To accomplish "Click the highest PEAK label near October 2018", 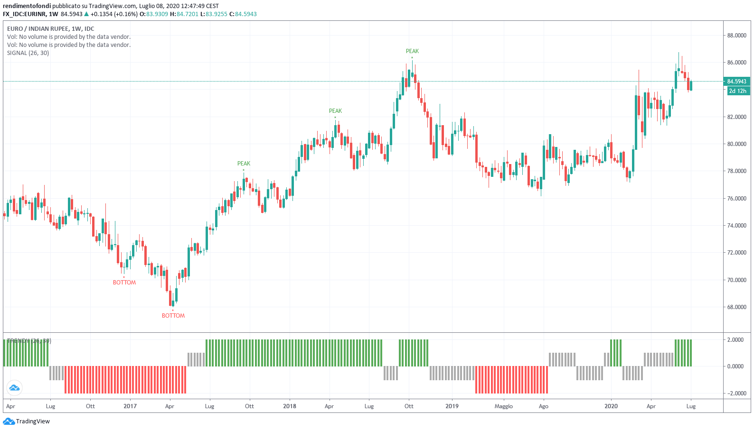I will click(412, 51).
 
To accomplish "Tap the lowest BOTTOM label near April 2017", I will click(173, 316).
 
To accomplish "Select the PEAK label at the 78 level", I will click(244, 164).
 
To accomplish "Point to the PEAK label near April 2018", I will click(335, 111).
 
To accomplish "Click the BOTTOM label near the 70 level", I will click(124, 283).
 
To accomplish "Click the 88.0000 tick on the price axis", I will click(736, 36).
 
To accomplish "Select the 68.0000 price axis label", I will click(736, 307).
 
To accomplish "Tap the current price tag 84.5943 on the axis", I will click(736, 82).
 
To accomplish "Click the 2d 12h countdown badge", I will click(737, 91).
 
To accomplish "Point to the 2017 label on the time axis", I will click(130, 406).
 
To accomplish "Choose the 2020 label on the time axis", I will click(611, 406).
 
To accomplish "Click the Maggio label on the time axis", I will click(503, 406).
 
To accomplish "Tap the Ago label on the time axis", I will click(543, 406).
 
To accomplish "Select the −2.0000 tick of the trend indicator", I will click(735, 393).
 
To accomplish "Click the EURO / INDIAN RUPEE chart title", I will click(50, 29).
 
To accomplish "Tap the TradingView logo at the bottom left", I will click(27, 421).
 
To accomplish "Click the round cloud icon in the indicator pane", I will click(14, 388).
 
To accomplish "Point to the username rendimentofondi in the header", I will click(27, 6).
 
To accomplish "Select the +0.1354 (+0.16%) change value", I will click(114, 14).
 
